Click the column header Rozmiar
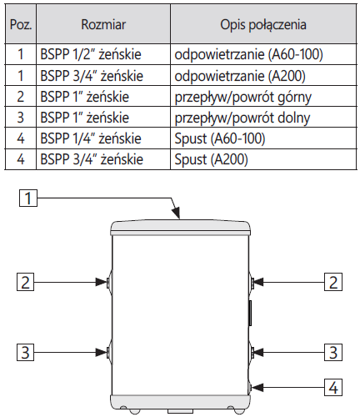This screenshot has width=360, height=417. click(103, 24)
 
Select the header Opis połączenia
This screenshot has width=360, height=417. click(263, 24)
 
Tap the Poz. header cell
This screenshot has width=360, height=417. click(21, 24)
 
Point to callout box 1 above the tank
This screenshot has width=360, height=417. click(28, 198)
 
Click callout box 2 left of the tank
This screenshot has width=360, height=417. click(25, 282)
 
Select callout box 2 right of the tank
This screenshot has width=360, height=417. click(333, 282)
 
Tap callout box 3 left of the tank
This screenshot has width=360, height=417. click(25, 352)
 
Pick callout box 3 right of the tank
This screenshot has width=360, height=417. click(333, 352)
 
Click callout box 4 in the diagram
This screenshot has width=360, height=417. click(333, 387)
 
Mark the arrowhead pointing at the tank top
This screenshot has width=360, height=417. click(177, 213)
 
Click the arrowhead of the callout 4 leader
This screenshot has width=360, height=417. click(257, 387)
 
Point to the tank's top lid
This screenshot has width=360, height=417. click(181, 228)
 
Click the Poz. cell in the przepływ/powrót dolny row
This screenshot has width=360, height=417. click(21, 118)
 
